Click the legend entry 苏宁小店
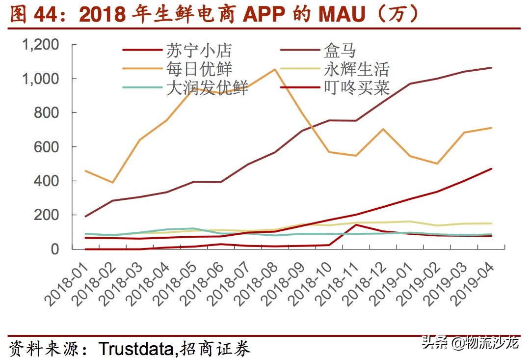point(198,51)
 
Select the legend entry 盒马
point(340,51)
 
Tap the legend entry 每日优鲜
point(198,69)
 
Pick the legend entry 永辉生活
point(357,69)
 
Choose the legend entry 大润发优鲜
point(207,87)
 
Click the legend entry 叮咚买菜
point(357,87)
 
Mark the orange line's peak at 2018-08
point(274,69)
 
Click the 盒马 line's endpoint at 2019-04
point(492,68)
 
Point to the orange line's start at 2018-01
point(86,171)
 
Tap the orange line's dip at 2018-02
point(113,183)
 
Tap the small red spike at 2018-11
point(355,225)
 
